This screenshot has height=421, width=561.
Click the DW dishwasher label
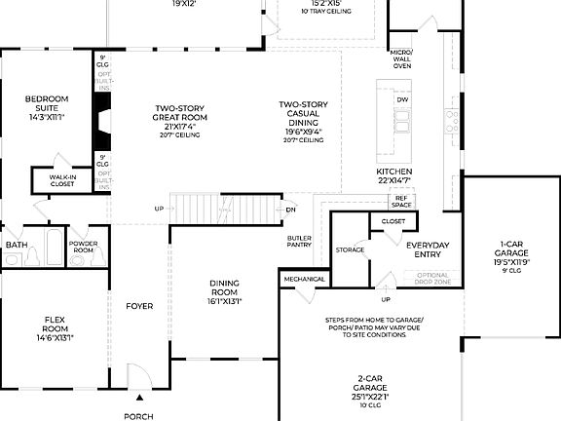pos(401,100)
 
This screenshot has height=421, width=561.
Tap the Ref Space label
pos(401,201)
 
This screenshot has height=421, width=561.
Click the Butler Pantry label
pos(299,242)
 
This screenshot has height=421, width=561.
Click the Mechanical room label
pos(303,279)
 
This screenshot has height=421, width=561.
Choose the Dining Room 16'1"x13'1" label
pos(225,291)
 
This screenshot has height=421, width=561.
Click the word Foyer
pos(139,306)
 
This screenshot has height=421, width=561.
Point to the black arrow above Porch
pos(139,398)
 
